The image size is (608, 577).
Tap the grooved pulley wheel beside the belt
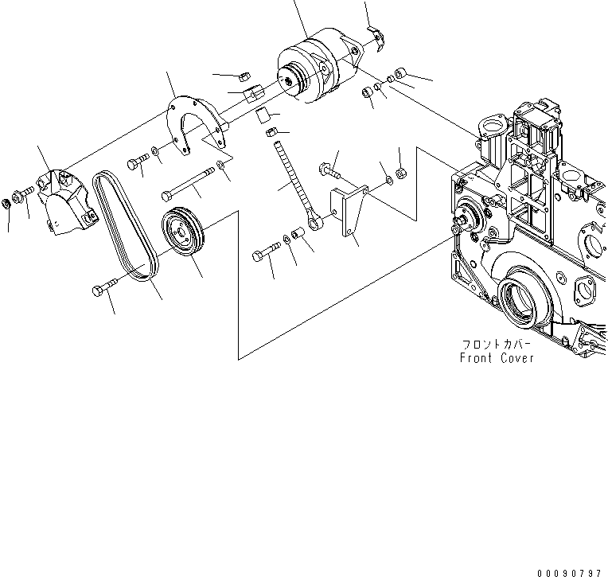[x=183, y=232]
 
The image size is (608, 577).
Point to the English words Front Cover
[x=497, y=358]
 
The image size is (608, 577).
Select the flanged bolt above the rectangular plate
[x=329, y=169]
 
